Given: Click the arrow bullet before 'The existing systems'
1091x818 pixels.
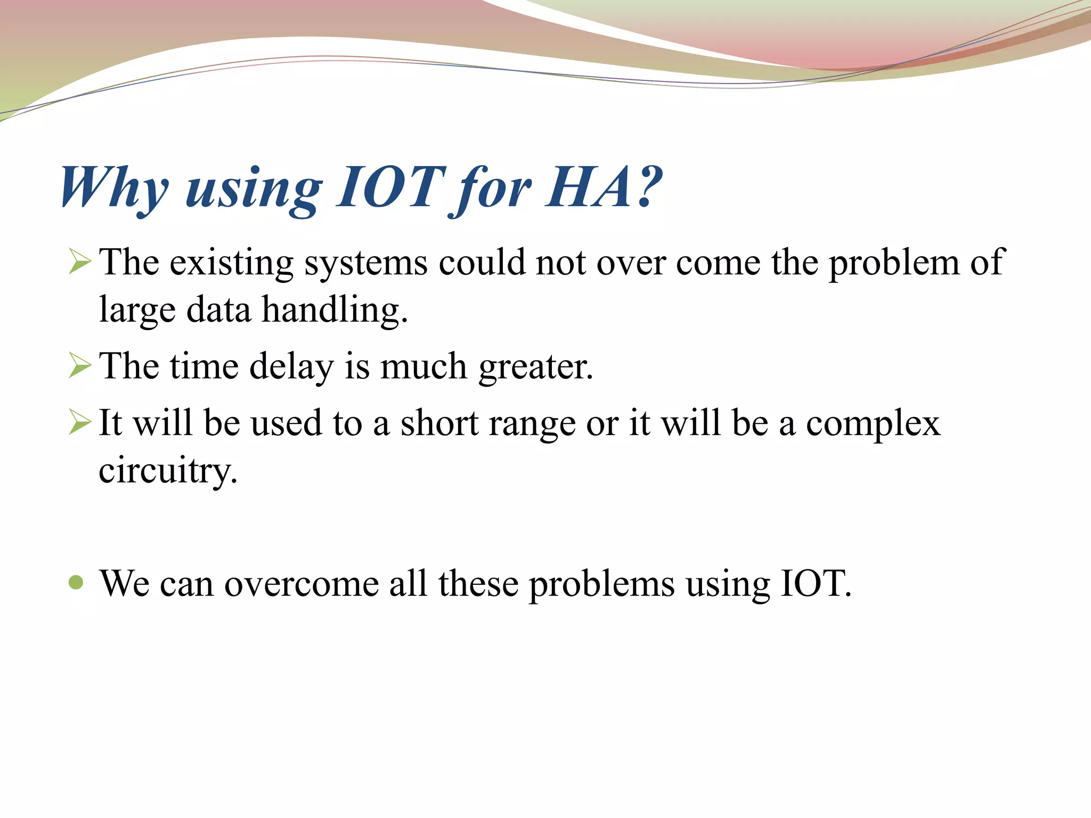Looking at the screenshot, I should pyautogui.click(x=80, y=262).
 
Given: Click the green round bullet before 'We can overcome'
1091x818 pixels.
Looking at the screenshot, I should pyautogui.click(x=77, y=582).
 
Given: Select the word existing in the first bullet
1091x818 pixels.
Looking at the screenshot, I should pyautogui.click(x=231, y=263).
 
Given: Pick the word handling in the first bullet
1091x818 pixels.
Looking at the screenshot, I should pyautogui.click(x=335, y=310).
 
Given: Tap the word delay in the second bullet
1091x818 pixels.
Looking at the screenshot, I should pyautogui.click(x=291, y=366).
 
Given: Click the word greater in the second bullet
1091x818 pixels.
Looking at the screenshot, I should pyautogui.click(x=535, y=367).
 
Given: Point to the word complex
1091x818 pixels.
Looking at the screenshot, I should pyautogui.click(x=873, y=424).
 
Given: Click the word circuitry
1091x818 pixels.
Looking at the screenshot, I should pyautogui.click(x=168, y=470).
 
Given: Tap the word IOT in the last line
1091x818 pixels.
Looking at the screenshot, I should pyautogui.click(x=815, y=583).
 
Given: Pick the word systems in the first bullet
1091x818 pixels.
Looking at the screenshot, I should pyautogui.click(x=366, y=263).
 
